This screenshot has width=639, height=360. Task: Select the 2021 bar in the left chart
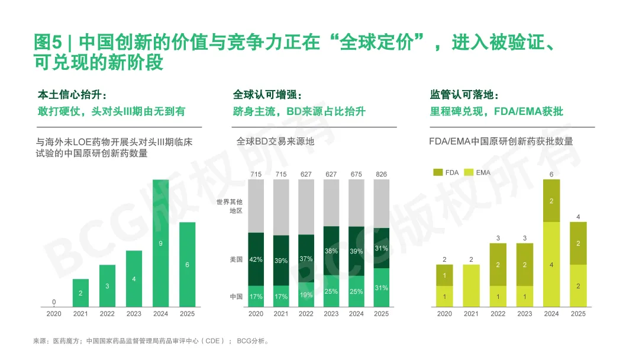80,292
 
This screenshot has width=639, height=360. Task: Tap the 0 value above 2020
54,302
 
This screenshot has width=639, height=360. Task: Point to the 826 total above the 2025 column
382,174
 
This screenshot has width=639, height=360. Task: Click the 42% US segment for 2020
256,259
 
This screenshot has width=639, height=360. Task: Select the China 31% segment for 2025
382,288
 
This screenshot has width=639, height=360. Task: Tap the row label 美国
236,259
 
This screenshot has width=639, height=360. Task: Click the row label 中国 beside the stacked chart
236,297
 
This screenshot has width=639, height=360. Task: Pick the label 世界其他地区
229,206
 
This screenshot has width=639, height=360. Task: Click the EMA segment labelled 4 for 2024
551,264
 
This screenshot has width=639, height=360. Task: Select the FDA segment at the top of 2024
551,201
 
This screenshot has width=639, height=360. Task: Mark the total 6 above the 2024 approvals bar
551,174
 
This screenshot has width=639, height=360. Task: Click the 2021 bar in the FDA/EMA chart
471,285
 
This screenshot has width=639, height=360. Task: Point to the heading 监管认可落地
464,95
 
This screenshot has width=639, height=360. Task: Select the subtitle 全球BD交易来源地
276,142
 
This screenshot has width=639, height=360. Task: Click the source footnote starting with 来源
151,341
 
